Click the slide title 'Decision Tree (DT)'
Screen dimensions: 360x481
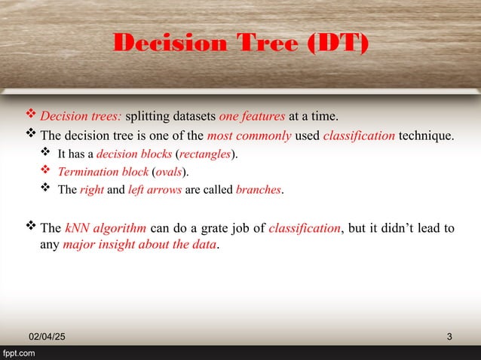(241, 44)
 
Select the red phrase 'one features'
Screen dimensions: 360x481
(252, 117)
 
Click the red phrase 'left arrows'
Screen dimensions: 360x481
(154, 189)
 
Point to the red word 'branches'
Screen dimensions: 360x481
(259, 189)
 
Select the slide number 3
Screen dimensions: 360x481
(449, 335)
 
